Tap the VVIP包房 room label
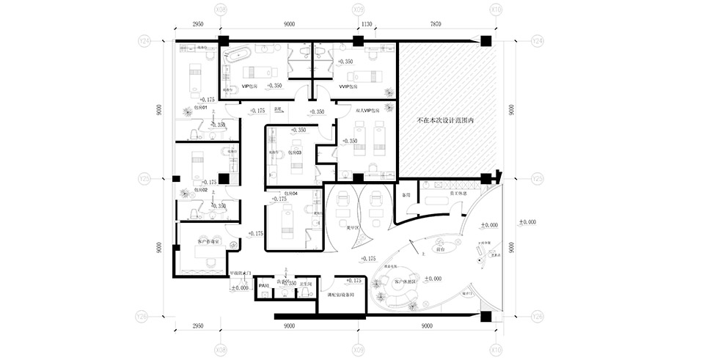348,86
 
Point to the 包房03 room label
294,153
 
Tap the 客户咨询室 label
209,240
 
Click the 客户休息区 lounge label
406,281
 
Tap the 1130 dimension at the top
367,24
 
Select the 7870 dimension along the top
437,24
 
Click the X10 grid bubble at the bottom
496,350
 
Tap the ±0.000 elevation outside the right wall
527,221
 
